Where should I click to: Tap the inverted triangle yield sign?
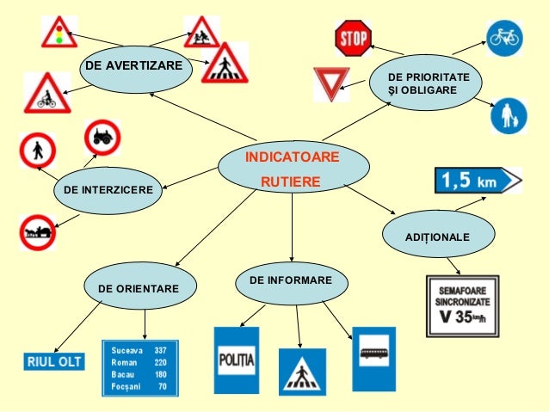329,84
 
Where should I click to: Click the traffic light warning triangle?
59,32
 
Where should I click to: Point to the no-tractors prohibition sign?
102,137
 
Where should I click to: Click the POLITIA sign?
236,359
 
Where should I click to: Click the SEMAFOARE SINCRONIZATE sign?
462,304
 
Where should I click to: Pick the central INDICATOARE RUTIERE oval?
291,169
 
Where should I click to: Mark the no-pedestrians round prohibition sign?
38,151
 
